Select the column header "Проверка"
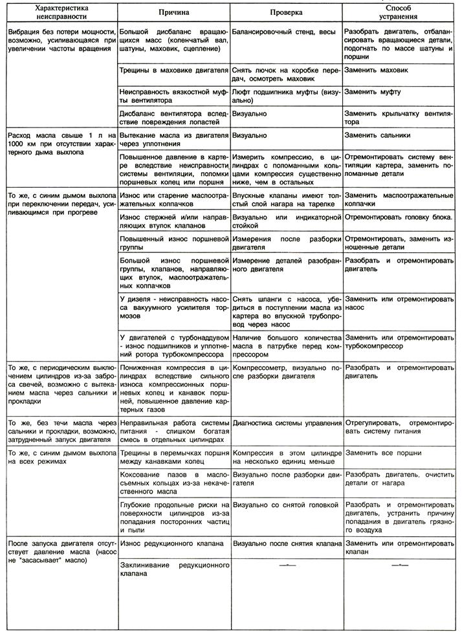286,13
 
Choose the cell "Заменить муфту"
372,92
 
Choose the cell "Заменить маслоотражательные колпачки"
398,199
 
